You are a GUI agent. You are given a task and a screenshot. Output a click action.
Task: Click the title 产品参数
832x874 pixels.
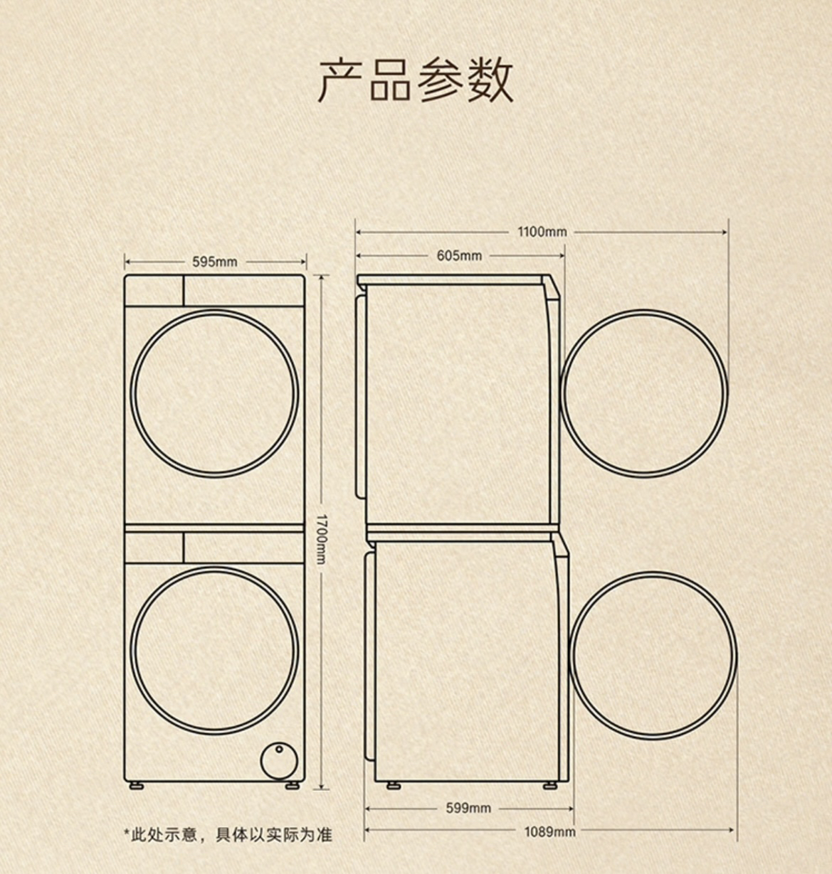[416, 79]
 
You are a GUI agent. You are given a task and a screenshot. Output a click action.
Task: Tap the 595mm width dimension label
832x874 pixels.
[214, 262]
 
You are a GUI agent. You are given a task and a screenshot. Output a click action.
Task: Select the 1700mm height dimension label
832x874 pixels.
[321, 538]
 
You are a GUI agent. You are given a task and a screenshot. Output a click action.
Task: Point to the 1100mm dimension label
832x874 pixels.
[542, 232]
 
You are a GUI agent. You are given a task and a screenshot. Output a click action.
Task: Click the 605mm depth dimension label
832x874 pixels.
[459, 255]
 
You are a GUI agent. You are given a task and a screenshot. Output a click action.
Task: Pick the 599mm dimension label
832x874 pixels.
[468, 808]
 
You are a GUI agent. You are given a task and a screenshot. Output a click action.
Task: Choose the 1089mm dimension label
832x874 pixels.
[549, 831]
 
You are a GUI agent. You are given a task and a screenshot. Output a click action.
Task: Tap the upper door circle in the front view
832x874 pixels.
[215, 393]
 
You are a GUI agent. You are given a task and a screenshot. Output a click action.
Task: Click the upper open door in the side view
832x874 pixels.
[644, 393]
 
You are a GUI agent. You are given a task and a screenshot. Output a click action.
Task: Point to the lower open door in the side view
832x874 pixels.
[654, 655]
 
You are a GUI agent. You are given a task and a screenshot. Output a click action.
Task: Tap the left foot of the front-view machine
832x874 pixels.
[135, 786]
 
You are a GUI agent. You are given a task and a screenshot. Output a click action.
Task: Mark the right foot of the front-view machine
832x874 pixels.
[293, 786]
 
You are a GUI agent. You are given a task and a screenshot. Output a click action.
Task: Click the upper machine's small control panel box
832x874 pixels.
[154, 291]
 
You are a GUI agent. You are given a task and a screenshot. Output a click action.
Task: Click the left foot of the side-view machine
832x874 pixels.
[392, 786]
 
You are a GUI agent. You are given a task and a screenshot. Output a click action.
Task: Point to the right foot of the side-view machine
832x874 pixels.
[549, 786]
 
